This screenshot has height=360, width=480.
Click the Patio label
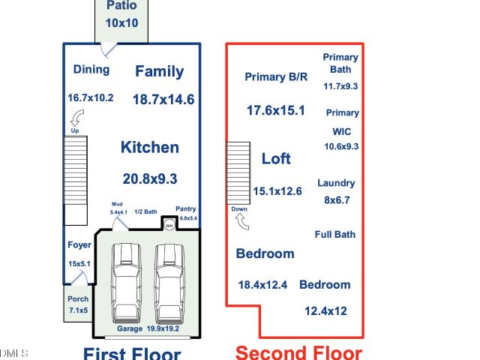(121, 5)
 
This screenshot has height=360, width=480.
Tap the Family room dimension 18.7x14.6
(163, 100)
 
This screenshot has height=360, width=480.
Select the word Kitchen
(150, 147)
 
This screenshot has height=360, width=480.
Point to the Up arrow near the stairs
(76, 118)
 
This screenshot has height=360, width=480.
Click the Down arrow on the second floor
(242, 221)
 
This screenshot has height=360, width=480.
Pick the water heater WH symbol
(169, 225)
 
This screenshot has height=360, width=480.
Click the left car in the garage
(126, 283)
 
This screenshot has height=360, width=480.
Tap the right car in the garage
(169, 283)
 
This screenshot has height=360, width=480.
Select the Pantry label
(185, 208)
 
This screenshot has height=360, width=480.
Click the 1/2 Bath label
(145, 211)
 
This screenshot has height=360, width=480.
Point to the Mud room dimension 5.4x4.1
(118, 212)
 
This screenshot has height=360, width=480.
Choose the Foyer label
(79, 245)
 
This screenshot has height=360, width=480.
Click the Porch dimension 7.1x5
(78, 310)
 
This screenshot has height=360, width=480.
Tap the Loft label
(276, 158)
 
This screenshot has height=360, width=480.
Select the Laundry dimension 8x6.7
(337, 200)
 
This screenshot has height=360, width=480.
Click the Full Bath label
(335, 235)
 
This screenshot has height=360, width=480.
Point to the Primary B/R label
(276, 76)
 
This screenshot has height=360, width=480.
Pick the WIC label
(342, 132)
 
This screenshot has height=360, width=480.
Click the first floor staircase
(76, 181)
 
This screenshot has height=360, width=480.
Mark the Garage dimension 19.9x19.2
(163, 328)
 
